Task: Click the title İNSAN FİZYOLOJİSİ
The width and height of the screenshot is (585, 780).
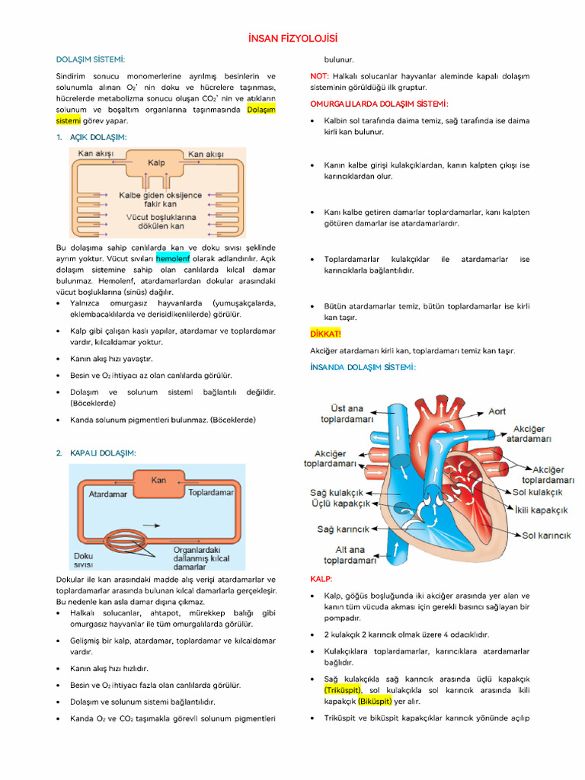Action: click(292, 38)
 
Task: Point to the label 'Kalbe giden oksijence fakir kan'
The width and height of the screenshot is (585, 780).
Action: click(161, 200)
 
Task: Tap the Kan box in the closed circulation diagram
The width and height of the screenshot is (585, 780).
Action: click(158, 481)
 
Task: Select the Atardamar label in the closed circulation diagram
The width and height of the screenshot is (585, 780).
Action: click(108, 494)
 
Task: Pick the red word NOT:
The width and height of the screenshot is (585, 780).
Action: click(319, 76)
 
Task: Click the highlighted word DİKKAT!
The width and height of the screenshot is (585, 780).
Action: click(326, 334)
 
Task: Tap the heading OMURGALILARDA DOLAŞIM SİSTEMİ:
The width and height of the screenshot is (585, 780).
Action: click(379, 104)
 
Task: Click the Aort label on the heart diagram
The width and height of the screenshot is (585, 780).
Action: click(497, 411)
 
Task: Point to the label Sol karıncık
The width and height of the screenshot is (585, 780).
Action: click(546, 535)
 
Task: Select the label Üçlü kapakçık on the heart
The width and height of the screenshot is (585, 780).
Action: click(340, 503)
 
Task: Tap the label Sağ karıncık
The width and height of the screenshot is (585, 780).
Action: click(343, 529)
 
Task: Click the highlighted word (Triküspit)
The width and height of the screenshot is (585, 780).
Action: click(342, 690)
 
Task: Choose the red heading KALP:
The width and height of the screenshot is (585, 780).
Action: click(321, 579)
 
